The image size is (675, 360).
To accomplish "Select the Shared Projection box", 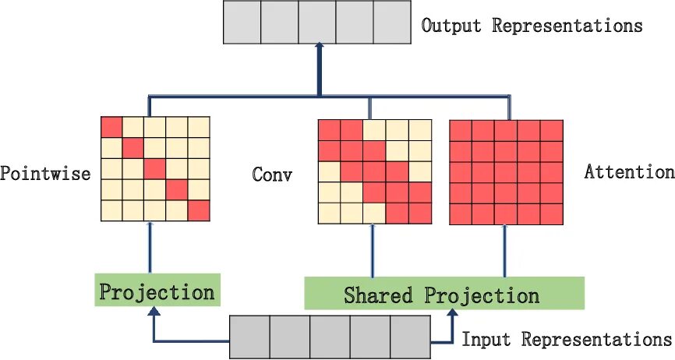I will click(x=443, y=294).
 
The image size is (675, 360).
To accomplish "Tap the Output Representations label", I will click(x=532, y=25).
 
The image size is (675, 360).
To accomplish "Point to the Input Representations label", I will click(x=567, y=340).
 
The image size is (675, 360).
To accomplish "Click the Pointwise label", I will click(x=45, y=173).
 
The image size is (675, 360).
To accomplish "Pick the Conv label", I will click(x=272, y=174).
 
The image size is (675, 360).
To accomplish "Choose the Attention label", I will click(x=629, y=172).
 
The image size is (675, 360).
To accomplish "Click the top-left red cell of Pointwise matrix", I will click(x=112, y=127).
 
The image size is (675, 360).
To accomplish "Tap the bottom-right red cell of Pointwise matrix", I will click(x=200, y=210).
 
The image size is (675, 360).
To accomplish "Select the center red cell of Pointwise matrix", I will click(x=156, y=169).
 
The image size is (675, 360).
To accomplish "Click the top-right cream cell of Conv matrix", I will click(x=420, y=130).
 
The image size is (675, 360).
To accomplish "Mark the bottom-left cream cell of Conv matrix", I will click(x=329, y=211).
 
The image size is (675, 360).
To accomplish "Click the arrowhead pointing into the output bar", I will click(x=318, y=49).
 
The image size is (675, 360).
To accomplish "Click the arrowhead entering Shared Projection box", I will click(x=451, y=314).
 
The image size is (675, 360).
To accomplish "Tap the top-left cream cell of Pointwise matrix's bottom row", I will click(x=112, y=210).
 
